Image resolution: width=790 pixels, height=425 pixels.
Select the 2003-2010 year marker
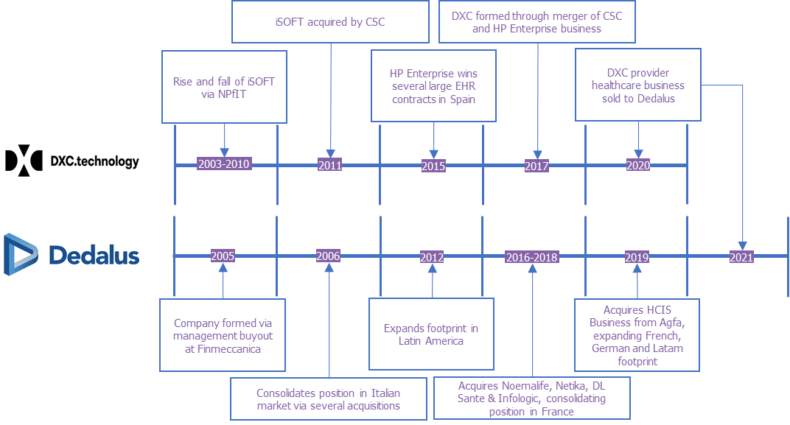(x=223, y=164)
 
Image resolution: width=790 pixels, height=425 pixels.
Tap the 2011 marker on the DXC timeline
(x=330, y=165)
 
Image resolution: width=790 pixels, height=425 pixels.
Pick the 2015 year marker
(x=433, y=166)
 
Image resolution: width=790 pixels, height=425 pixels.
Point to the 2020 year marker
(x=638, y=165)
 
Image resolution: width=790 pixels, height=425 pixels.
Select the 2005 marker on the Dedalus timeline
(x=223, y=256)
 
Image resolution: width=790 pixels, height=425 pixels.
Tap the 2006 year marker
(x=329, y=256)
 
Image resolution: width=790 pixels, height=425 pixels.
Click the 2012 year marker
(x=432, y=257)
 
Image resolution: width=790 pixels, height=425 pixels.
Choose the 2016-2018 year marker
(x=531, y=257)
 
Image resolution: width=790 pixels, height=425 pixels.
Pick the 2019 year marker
(x=637, y=257)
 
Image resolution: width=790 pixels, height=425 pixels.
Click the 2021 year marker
(x=741, y=257)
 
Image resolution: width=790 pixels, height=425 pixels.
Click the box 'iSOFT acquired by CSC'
(x=329, y=21)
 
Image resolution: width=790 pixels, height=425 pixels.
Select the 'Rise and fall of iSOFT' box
(x=224, y=88)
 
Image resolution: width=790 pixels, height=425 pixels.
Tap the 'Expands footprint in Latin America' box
(x=432, y=334)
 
